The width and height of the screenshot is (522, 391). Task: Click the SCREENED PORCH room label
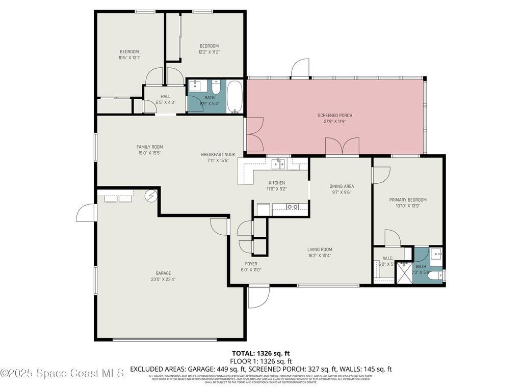coord(335,116)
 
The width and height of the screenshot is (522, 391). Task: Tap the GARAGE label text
coord(163,273)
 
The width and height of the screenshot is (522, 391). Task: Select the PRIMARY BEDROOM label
coord(408,200)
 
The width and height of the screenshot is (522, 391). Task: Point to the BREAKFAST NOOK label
coord(218,154)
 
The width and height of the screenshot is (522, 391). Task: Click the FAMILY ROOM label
coord(149,147)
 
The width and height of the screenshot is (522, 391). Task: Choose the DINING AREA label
coord(342,186)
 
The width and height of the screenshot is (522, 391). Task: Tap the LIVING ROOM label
coord(320,249)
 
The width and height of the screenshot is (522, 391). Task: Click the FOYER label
coord(251,264)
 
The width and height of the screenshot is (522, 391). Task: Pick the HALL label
coord(166,96)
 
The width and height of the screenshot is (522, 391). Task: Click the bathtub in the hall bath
coord(236,96)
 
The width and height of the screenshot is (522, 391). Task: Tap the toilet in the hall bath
coord(216,88)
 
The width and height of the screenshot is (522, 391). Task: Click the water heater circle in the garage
coord(151,195)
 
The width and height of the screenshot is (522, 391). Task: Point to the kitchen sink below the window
coord(278,164)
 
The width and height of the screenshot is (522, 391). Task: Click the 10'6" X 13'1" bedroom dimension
coord(129,58)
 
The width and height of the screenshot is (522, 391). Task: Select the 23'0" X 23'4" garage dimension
coord(163,279)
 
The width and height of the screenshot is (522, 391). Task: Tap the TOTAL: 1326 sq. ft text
coord(260,353)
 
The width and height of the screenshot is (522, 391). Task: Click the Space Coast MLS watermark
coord(62,373)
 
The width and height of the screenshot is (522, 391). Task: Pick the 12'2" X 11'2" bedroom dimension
coord(209,52)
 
